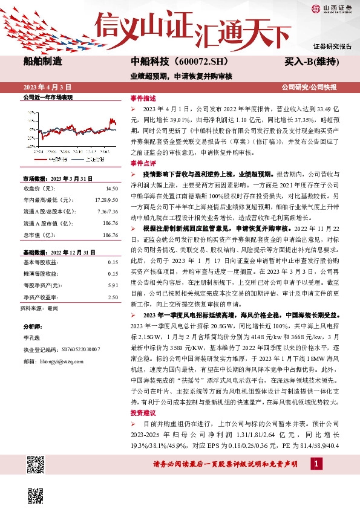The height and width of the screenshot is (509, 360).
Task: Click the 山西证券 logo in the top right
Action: [x=332, y=8]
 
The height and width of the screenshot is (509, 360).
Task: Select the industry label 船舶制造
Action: [x=43, y=62]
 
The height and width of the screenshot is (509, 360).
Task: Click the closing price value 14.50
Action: [x=112, y=188]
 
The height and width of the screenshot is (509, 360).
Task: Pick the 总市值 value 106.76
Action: [x=110, y=235]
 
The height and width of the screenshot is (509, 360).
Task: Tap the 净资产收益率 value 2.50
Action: [x=113, y=297]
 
